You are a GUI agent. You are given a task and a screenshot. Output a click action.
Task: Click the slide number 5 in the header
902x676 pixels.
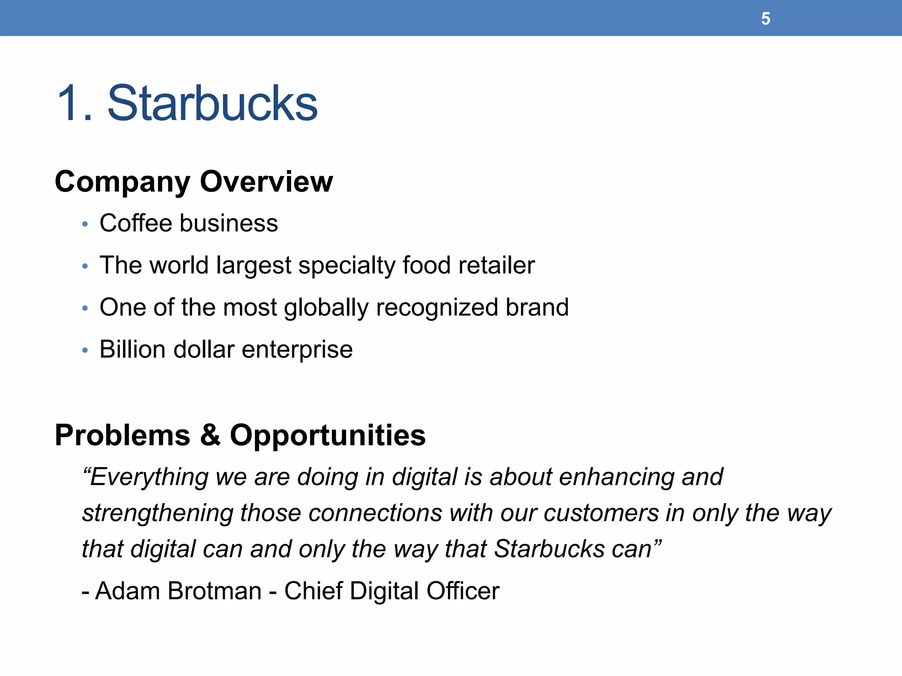click(x=765, y=19)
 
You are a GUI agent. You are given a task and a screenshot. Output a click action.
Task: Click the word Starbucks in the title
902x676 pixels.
click(x=212, y=103)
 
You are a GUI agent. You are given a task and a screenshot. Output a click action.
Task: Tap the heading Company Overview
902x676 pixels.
click(x=194, y=182)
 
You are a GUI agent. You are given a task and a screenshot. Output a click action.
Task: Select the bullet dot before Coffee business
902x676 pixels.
click(x=85, y=224)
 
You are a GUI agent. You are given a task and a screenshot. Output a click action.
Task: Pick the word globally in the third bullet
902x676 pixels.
click(x=326, y=308)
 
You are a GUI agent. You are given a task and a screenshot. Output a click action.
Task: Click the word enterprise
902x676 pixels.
click(x=297, y=350)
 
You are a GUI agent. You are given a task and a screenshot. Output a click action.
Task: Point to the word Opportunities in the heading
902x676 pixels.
click(x=328, y=436)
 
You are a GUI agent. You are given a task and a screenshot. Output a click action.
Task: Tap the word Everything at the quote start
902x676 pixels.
click(x=145, y=478)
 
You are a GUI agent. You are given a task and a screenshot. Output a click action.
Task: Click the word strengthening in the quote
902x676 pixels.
click(x=157, y=514)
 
